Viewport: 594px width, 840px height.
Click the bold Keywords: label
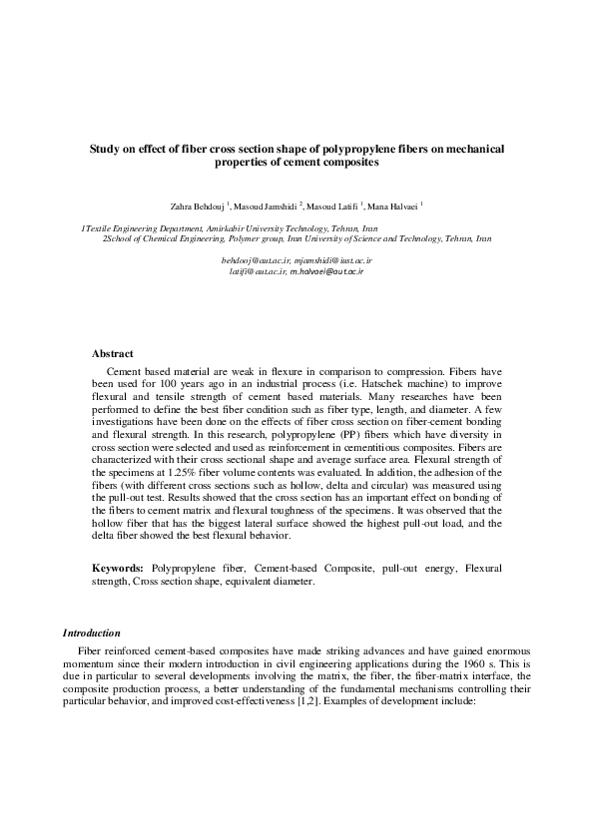click(x=119, y=568)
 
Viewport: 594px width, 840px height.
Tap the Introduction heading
click(x=92, y=632)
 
